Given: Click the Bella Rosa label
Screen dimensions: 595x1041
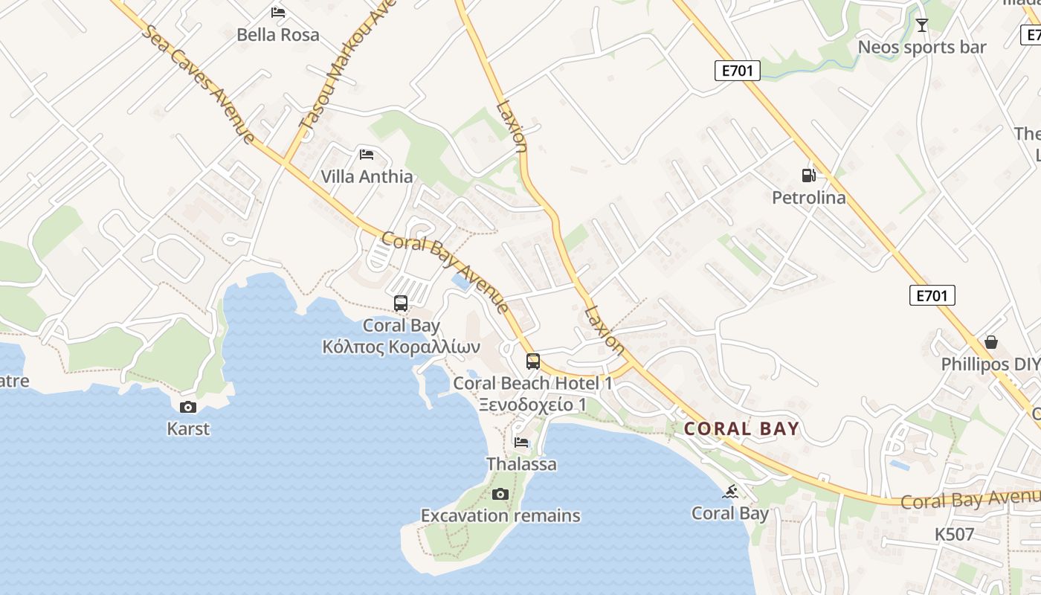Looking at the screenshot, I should click(278, 35).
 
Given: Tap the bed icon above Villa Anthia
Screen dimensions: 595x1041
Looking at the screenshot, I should click(367, 155).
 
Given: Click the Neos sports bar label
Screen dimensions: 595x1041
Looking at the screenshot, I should click(922, 48).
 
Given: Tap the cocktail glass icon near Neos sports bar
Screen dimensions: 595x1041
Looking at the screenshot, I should click(922, 25).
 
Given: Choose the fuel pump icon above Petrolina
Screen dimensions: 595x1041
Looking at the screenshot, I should click(808, 176).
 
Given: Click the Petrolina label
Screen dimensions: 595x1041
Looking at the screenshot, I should click(808, 198).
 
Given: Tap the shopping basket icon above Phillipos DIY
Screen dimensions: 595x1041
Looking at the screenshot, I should click(990, 342).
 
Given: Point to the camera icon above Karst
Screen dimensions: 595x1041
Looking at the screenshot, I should click(188, 407).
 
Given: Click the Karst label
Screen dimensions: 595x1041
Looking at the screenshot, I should click(188, 429).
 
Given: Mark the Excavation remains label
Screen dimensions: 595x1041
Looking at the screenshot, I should click(500, 515).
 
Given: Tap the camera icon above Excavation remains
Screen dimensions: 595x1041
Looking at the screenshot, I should click(500, 494).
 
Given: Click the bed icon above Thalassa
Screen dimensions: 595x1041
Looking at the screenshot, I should click(521, 443).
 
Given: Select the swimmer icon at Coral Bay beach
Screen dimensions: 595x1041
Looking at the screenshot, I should click(731, 492).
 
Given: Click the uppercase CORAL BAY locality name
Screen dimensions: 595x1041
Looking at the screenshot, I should click(741, 429).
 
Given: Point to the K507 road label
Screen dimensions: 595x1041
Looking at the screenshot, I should click(954, 534).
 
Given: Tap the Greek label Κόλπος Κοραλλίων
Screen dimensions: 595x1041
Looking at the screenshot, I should click(401, 347).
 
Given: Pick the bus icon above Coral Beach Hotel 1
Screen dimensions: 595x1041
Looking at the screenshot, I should click(533, 361).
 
